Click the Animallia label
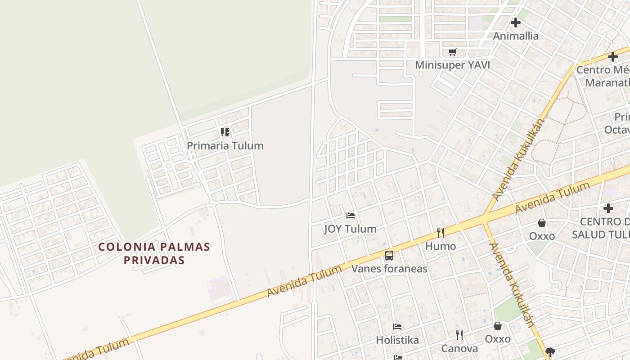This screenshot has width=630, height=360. point(516,36)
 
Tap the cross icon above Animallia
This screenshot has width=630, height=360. point(516,22)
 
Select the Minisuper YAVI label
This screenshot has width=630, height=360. point(452,65)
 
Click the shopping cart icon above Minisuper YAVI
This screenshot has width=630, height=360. point(452,52)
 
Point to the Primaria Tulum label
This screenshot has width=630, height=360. point(225,146)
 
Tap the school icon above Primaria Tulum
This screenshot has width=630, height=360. point(225,132)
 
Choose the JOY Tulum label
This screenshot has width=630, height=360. point(350,229)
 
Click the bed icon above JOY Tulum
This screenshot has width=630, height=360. point(351,216)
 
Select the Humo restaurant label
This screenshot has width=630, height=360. point(441,246)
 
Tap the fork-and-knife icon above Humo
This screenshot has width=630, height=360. point(441,233)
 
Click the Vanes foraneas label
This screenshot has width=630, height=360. point(389,269)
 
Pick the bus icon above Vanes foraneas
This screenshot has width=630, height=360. point(389,256)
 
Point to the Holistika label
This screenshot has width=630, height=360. point(397,340)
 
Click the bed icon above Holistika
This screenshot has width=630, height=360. point(397,327)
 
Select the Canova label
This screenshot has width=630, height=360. point(459,349)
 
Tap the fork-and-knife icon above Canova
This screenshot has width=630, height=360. point(459,335)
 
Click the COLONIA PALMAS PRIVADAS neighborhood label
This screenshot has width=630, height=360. point(154,253)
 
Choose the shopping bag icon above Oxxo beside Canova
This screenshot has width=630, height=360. point(498,326)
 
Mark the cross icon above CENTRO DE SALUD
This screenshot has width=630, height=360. point(608,208)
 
